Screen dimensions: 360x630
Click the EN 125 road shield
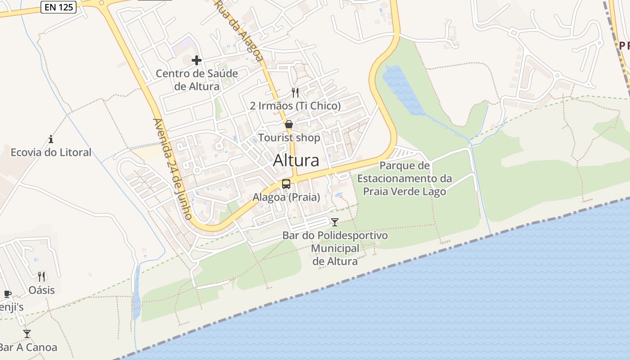(x=58, y=7)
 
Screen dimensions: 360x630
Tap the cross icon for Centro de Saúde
(x=197, y=60)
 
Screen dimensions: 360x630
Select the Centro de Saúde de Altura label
(x=197, y=80)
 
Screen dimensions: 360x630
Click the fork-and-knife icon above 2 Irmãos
(x=295, y=93)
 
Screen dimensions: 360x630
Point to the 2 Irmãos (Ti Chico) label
(x=295, y=106)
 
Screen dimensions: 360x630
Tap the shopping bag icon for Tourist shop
(x=289, y=124)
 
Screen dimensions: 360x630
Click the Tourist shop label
(x=289, y=138)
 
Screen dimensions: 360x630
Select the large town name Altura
(x=296, y=160)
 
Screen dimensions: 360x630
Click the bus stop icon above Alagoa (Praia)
(x=286, y=184)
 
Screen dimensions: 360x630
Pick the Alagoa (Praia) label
(x=286, y=197)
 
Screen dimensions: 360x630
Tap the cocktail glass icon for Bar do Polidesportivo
(x=334, y=222)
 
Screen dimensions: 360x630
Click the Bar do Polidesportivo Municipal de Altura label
(x=335, y=248)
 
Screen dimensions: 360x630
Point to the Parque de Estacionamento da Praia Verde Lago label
(x=405, y=179)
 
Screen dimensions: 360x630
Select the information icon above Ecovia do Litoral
(x=51, y=139)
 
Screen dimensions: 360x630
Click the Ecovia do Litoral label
(x=51, y=153)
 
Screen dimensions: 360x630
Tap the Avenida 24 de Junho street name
(x=173, y=169)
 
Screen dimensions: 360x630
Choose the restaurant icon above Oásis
(x=41, y=276)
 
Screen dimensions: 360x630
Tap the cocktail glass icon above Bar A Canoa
(x=27, y=333)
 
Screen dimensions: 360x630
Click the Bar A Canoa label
(x=28, y=347)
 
